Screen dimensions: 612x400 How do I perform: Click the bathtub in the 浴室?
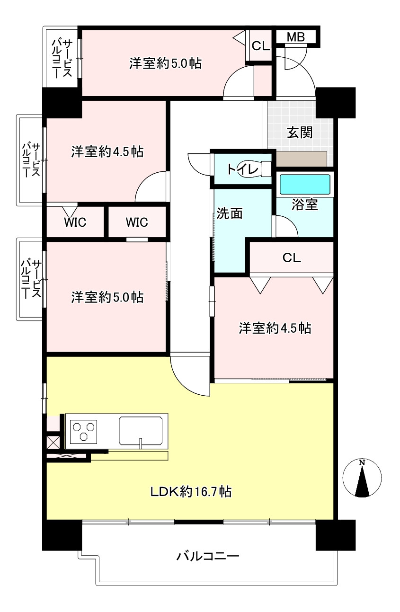pos(304,185)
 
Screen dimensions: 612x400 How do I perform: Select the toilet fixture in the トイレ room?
pos(264,169)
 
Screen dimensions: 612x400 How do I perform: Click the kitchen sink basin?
pos(143,430)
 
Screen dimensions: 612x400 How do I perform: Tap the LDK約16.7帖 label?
pos(191,492)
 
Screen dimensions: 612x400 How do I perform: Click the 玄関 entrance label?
pos(300,133)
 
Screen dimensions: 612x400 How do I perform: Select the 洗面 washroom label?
pos(230,213)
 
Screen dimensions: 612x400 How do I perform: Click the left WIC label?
pos(75,222)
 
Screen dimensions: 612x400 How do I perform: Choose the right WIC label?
pos(137,222)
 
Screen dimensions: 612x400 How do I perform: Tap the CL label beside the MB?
pos(260,46)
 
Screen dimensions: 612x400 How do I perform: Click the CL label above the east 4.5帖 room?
pos(291,258)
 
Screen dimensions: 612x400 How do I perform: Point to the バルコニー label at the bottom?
pos(208,556)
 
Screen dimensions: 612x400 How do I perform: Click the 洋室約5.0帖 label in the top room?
pos(166,63)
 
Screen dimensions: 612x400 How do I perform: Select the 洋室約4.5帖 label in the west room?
pos(107,152)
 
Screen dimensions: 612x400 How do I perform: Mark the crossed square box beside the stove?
pos(53,442)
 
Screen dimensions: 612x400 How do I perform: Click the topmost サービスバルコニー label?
pos(62,59)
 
